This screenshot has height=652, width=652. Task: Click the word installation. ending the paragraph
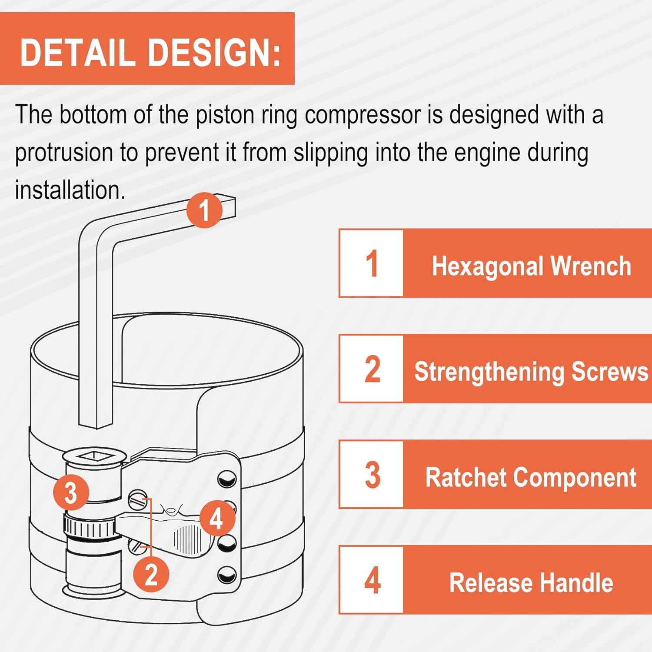point(70,190)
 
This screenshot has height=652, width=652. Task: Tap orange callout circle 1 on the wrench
point(204,210)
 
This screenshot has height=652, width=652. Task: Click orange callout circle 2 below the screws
point(151,574)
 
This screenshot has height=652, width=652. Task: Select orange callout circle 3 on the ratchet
point(71,493)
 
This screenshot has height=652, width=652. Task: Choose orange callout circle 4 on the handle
point(216,519)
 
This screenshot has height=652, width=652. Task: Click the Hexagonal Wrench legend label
point(531,266)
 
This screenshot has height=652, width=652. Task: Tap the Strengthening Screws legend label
point(531,372)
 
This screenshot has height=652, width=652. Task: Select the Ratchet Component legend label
point(531,477)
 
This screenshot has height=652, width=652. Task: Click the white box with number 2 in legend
point(372,369)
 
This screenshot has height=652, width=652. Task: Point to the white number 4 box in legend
point(372,580)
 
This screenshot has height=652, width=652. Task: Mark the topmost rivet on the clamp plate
point(227,479)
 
